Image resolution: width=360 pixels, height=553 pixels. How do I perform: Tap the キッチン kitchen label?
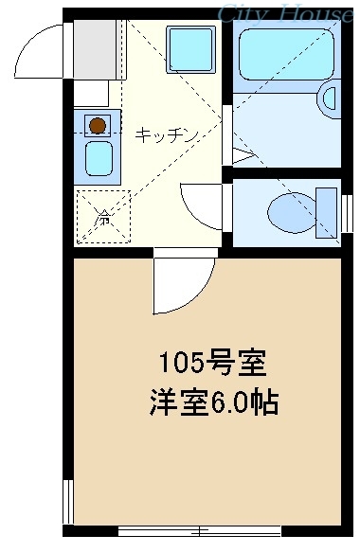167,134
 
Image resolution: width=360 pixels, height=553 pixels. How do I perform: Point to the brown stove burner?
96,123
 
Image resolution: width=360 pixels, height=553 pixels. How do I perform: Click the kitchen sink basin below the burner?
98,158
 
